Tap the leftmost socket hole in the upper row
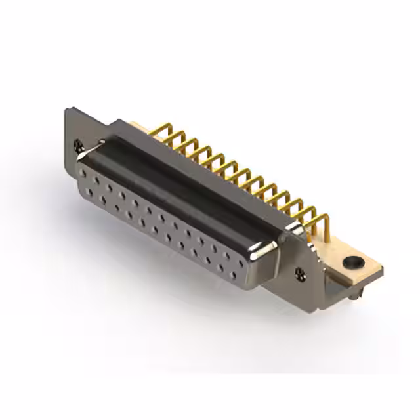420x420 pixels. (x=84, y=172)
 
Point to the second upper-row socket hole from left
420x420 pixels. (x=96, y=179)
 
